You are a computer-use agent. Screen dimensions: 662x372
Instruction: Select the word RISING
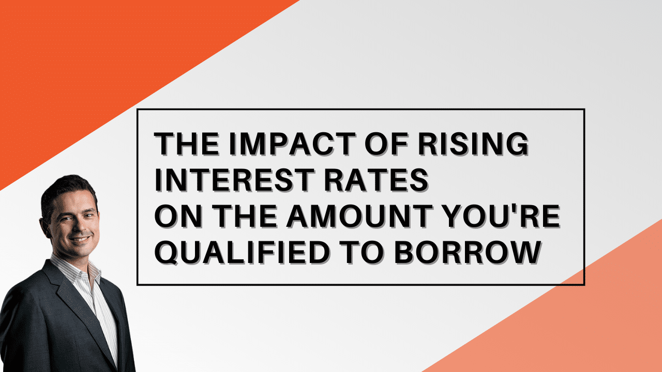click(x=473, y=144)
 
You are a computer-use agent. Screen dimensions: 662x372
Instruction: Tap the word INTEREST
click(x=234, y=180)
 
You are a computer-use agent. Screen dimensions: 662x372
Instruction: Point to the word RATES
click(x=376, y=180)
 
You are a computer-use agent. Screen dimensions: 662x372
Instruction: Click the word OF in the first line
click(x=386, y=144)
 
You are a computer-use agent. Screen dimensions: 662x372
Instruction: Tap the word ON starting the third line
click(x=178, y=216)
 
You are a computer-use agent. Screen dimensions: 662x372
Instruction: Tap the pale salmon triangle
click(x=576, y=319)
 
